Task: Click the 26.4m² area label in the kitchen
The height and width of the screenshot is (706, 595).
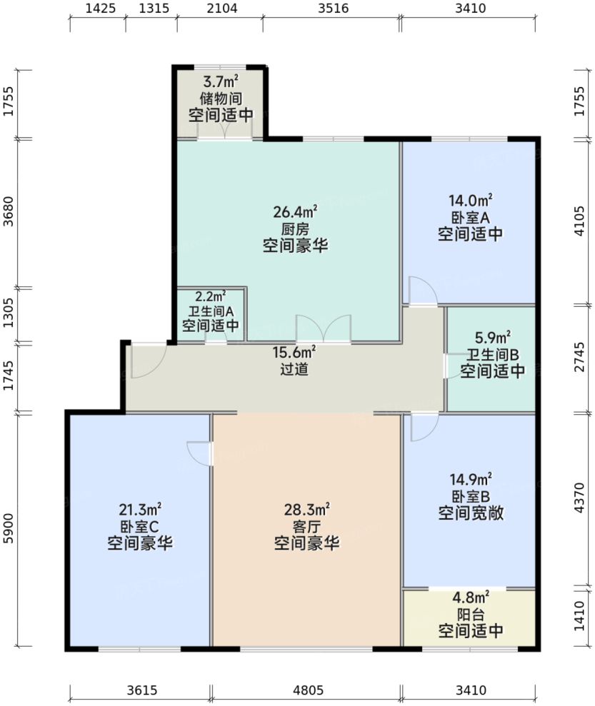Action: pyautogui.click(x=294, y=212)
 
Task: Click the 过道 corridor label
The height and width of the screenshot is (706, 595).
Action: pyautogui.click(x=294, y=370)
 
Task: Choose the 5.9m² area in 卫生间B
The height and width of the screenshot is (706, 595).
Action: pyautogui.click(x=493, y=337)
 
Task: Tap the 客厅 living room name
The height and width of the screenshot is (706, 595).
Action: pyautogui.click(x=306, y=527)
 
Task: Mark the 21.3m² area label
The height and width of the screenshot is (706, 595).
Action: pyautogui.click(x=140, y=510)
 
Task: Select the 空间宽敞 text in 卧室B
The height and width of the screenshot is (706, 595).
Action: pyautogui.click(x=470, y=513)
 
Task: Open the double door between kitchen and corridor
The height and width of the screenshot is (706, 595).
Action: pyautogui.click(x=324, y=330)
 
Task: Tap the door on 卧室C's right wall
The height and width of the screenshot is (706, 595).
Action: pyautogui.click(x=199, y=453)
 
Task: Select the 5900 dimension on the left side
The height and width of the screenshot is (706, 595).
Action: pyautogui.click(x=8, y=529)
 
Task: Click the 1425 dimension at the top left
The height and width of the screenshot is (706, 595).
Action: pyautogui.click(x=97, y=9)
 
